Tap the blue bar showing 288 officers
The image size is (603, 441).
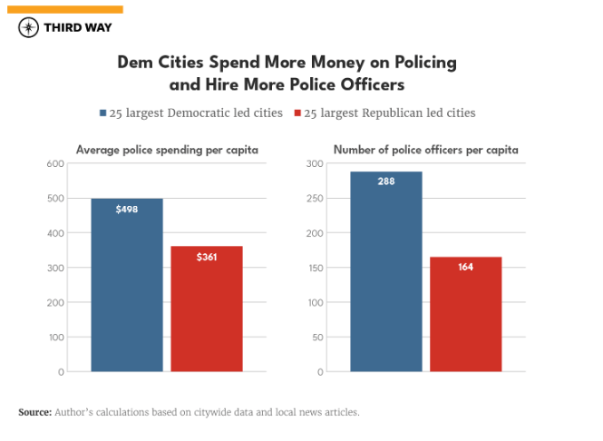coord(386,271)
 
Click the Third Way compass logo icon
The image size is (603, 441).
coord(29,27)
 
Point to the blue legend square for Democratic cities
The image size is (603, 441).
coord(102,113)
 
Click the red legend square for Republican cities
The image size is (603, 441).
coord(296,113)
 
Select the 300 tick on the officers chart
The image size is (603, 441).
coord(315,163)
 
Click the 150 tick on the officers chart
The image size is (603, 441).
coord(315,268)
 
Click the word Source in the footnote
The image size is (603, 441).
coord(34,412)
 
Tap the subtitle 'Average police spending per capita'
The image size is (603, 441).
coord(167,150)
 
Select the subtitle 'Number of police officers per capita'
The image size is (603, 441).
coord(425,150)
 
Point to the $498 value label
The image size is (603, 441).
coord(127,210)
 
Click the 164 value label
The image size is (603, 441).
coord(465,268)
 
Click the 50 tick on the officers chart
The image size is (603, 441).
coord(317,337)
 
